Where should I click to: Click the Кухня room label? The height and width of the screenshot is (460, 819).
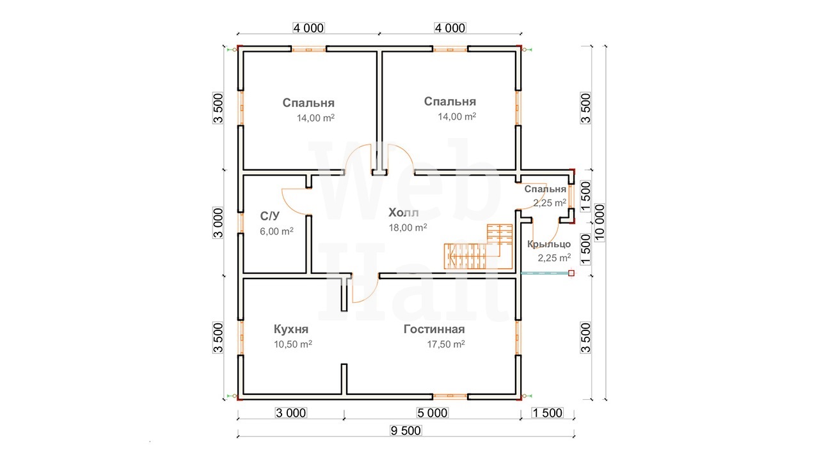(x=291, y=329)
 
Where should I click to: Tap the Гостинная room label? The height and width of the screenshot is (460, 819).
(x=434, y=329)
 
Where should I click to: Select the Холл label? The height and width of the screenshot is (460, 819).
(x=403, y=213)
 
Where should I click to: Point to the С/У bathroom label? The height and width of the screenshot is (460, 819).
(x=269, y=216)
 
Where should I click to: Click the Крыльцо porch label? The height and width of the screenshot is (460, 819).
(x=549, y=244)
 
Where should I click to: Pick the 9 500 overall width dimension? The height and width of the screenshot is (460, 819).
(x=406, y=431)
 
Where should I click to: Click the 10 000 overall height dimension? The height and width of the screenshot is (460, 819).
(x=600, y=222)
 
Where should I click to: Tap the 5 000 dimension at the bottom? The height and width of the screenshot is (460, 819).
(x=432, y=413)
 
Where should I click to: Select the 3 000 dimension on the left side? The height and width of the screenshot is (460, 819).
(x=218, y=223)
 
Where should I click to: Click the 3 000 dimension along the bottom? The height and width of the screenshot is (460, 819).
(x=290, y=413)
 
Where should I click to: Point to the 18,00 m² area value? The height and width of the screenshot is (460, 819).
(x=408, y=228)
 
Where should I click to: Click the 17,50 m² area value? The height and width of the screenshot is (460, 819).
(x=446, y=344)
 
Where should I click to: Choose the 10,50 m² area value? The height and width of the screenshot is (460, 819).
(x=293, y=344)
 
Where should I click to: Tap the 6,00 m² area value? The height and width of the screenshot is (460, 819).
(x=276, y=231)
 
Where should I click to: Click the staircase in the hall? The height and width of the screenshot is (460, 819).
(x=478, y=247)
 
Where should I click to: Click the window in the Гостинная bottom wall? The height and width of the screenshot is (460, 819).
(x=450, y=396)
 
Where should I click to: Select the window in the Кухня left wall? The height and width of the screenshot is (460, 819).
(x=241, y=338)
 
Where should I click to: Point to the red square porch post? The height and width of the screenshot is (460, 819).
(x=571, y=273)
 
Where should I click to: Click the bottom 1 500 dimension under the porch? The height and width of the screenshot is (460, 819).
(x=547, y=413)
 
